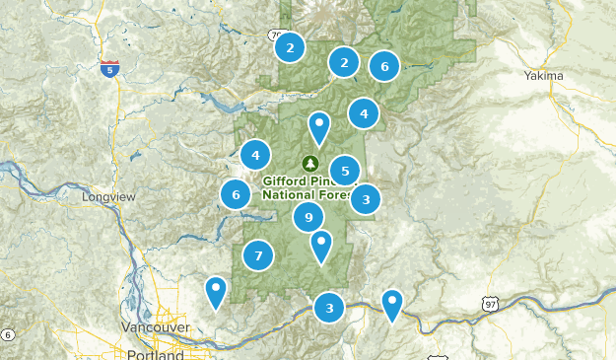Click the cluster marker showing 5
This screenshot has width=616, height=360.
345,171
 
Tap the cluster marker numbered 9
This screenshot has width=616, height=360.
308,217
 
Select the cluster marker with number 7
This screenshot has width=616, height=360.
258,255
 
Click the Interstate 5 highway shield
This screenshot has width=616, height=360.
110,69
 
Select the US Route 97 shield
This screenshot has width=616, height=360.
491,306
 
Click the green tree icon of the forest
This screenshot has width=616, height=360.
311,163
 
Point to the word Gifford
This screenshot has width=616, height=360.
287,181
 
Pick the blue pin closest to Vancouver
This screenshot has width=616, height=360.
216,291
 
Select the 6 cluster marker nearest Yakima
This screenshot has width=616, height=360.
384,67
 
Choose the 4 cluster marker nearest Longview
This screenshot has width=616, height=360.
255,154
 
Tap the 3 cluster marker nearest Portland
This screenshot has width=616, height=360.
329,308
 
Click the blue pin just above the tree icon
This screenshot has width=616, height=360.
319,126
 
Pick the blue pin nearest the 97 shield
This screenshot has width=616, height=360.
392,303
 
